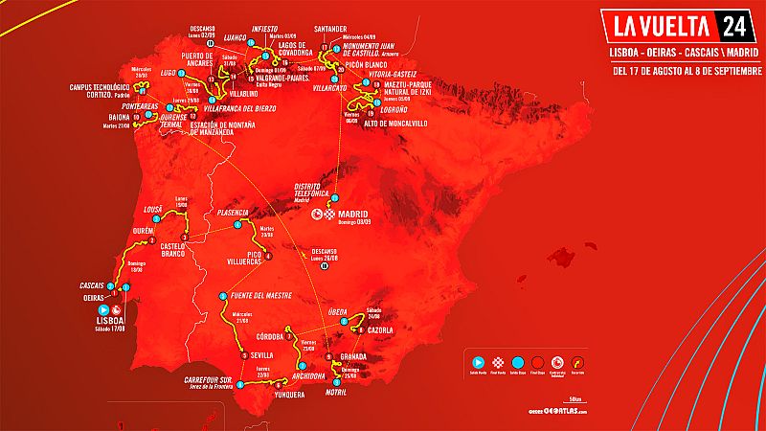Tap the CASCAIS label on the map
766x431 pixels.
(x=93, y=285)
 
